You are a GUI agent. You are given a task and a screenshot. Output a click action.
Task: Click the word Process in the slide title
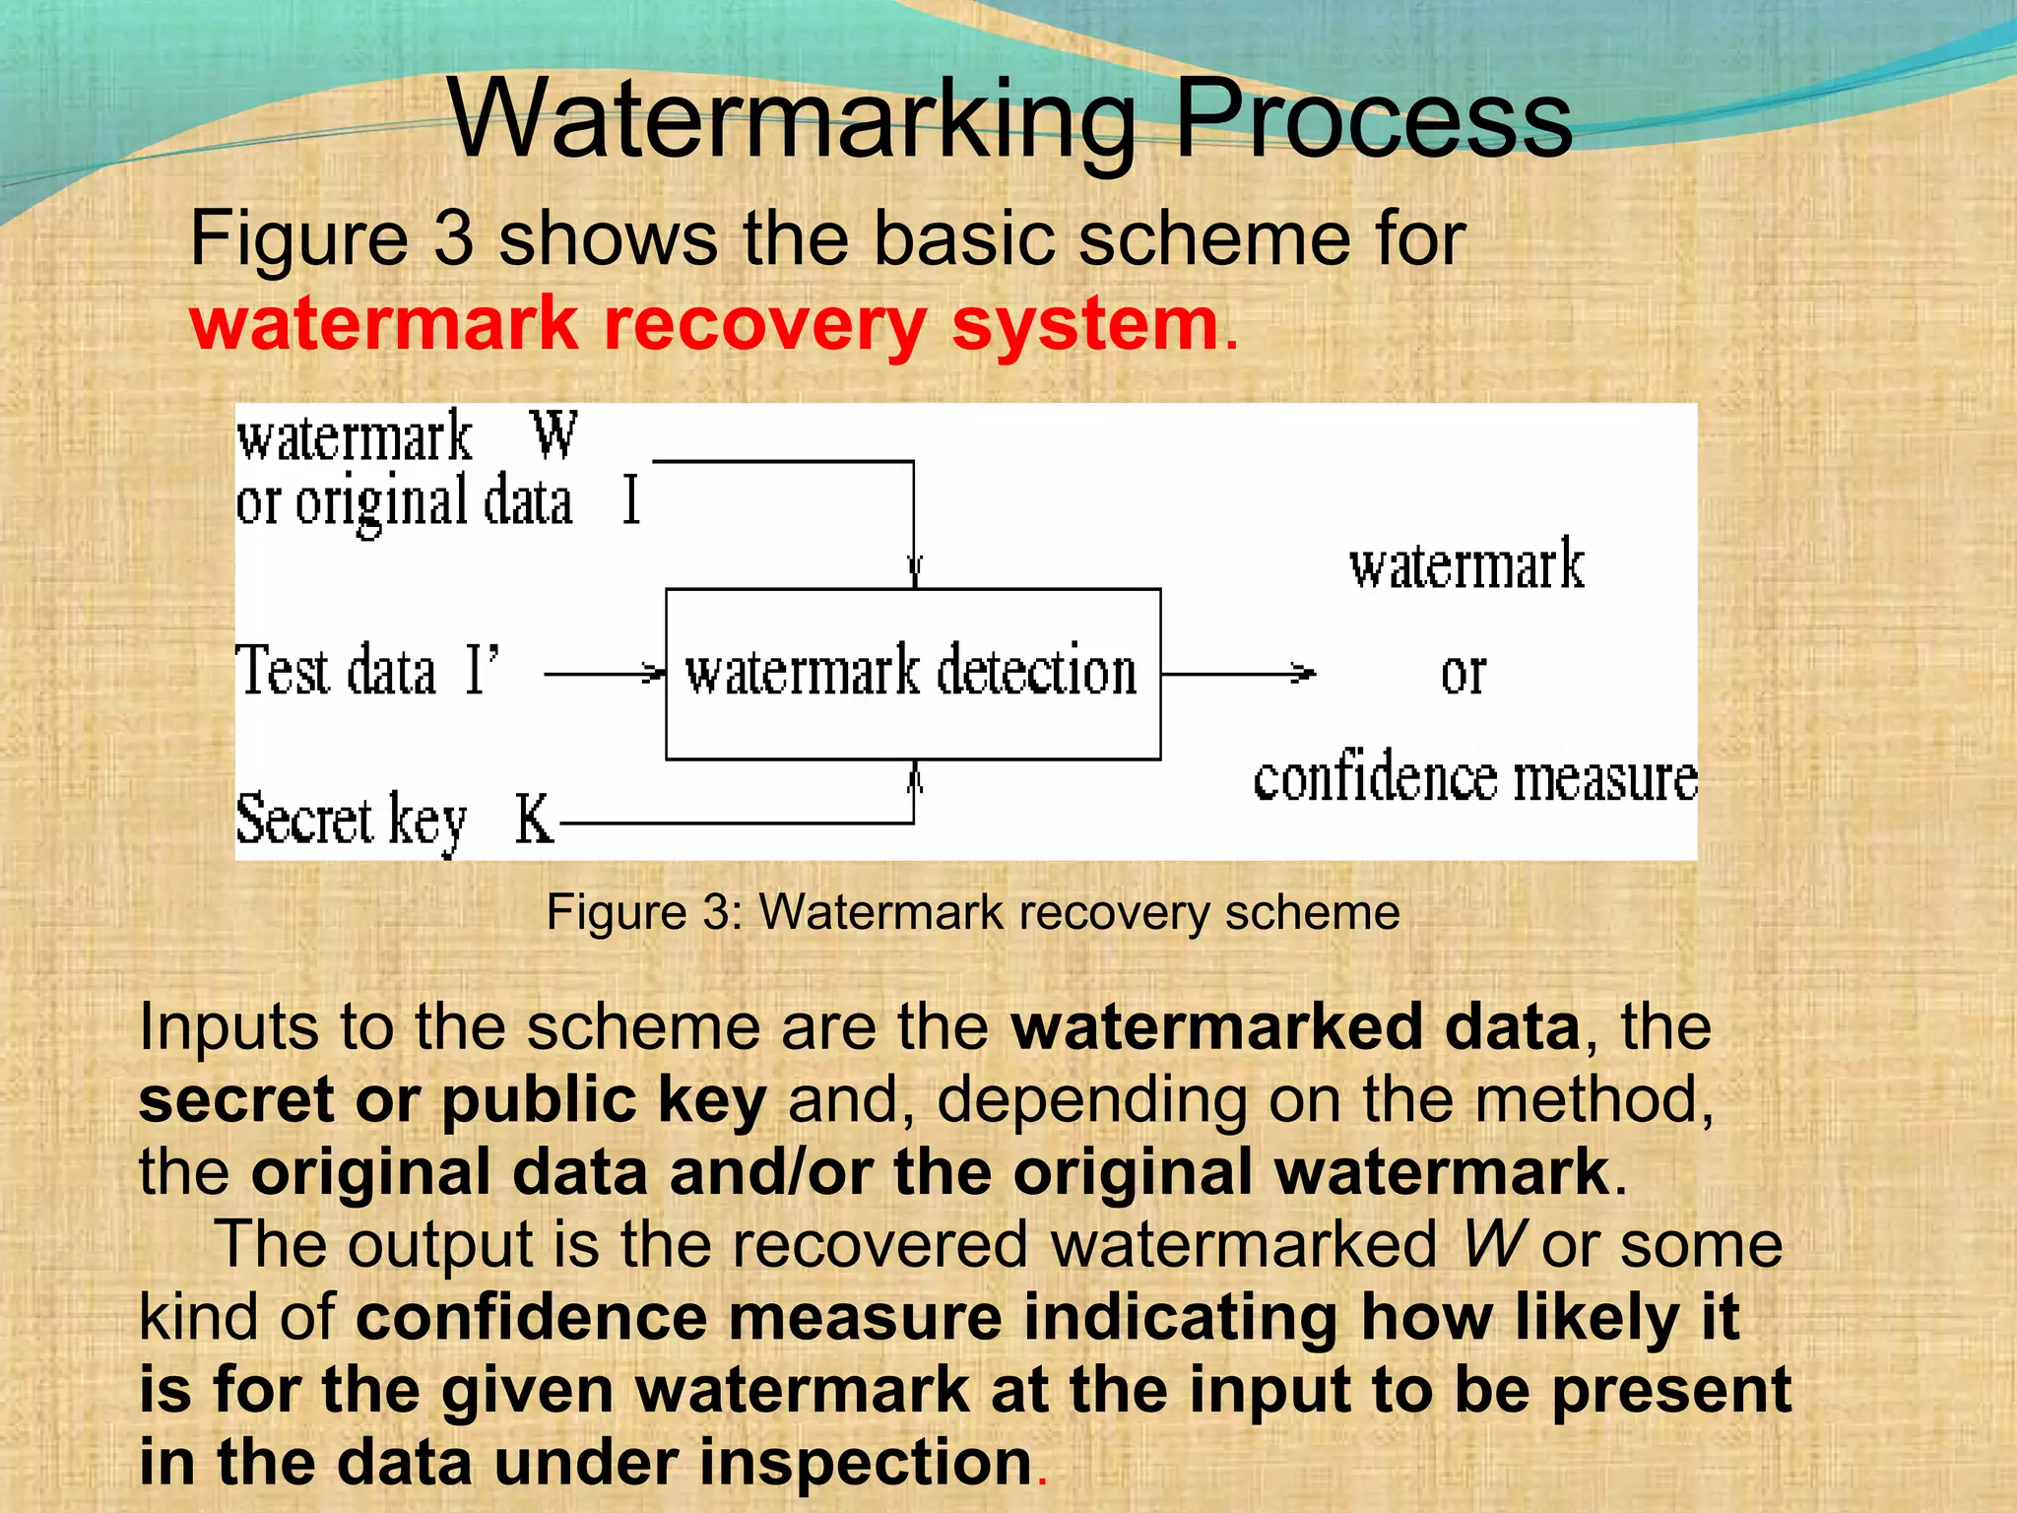[1374, 119]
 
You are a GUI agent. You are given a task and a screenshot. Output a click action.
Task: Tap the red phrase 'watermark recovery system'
[704, 324]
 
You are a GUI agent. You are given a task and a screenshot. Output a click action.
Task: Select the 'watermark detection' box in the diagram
[912, 674]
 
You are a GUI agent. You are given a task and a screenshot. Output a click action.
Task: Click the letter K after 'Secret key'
[534, 819]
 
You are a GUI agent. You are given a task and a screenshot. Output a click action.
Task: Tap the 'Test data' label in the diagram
[336, 671]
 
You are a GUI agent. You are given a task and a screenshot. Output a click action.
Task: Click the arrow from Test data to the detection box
[604, 674]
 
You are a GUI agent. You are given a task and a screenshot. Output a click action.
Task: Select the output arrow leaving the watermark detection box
[1238, 674]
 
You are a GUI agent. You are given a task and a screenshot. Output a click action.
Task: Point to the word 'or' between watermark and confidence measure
[1463, 674]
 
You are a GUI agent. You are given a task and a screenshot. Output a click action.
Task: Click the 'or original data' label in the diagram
[404, 502]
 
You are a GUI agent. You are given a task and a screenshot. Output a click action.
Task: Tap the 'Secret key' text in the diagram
[351, 819]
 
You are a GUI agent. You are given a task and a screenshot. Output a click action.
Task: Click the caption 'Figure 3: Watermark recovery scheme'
[973, 912]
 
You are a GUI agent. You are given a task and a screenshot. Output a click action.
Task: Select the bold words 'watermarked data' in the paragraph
[1296, 1027]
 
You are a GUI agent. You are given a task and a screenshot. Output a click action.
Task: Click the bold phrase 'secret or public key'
[452, 1100]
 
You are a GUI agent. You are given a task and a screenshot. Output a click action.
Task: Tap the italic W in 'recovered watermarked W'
[1494, 1244]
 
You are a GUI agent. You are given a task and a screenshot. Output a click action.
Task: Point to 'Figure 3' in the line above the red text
[332, 238]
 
